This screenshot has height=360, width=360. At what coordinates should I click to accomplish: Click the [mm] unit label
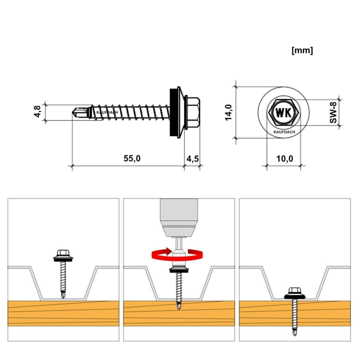[301, 50]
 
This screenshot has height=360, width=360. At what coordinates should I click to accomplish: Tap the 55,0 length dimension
[132, 158]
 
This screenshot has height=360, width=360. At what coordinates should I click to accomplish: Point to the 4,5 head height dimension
[192, 158]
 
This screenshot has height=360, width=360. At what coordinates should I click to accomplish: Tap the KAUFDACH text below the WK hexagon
[284, 132]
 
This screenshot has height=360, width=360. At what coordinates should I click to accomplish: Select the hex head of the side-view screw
[193, 112]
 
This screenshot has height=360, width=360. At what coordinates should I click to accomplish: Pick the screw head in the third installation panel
[293, 291]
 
